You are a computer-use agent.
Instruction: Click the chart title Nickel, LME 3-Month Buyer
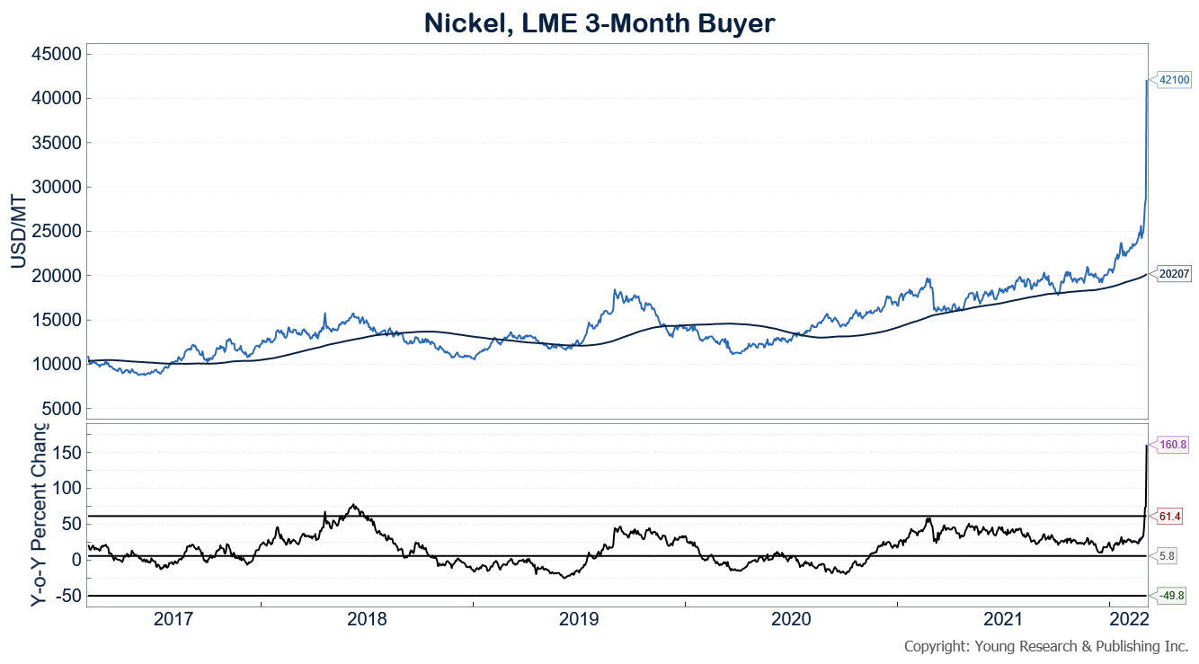(x=599, y=23)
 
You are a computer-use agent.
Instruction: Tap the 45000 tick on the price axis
(x=58, y=54)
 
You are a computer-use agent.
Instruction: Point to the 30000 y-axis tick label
(x=58, y=187)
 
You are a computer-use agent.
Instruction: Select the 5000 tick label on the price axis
(x=62, y=409)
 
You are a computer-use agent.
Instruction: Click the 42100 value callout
(x=1174, y=80)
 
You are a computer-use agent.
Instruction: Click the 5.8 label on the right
(x=1168, y=556)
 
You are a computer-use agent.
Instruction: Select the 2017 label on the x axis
(x=174, y=619)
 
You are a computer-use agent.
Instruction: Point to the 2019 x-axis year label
(x=580, y=619)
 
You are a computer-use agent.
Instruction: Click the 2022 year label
(x=1129, y=619)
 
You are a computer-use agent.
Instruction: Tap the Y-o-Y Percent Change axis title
(x=40, y=513)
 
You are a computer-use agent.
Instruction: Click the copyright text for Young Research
(x=1045, y=646)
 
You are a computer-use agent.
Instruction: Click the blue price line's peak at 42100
(x=1147, y=81)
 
